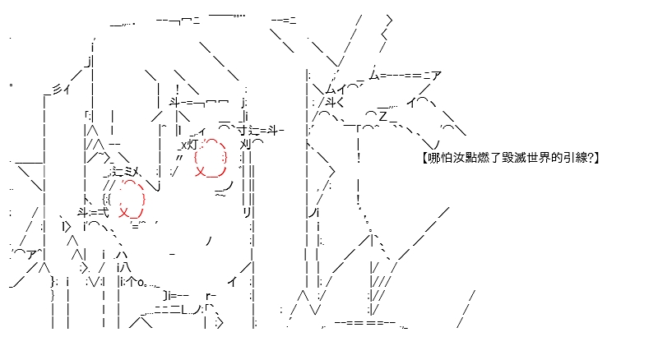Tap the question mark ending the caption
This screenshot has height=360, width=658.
tap(590, 158)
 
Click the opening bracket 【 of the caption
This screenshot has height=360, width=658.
tap(425, 158)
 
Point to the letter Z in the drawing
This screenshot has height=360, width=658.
tap(382, 116)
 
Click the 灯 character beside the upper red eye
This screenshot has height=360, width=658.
tap(192, 145)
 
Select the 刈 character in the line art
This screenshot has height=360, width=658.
tap(245, 145)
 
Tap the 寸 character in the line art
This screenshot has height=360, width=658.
tap(242, 131)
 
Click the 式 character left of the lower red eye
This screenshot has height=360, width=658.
tap(103, 212)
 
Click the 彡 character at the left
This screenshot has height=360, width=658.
tap(57, 90)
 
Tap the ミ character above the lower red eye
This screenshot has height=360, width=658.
tap(130, 172)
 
